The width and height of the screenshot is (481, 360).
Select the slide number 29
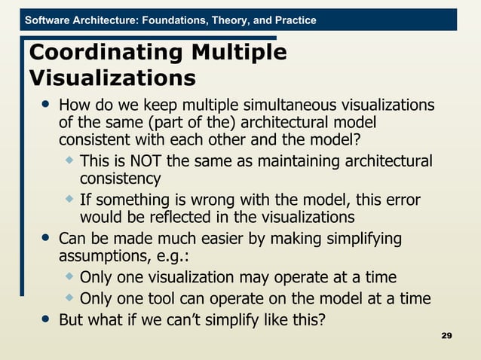tap(446, 334)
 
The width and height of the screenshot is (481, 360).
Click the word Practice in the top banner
tap(292, 20)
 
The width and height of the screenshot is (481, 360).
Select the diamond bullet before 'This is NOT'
tap(70, 160)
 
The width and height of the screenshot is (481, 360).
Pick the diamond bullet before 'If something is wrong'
tap(70, 200)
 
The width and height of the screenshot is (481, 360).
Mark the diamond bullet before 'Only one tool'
tap(70, 297)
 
